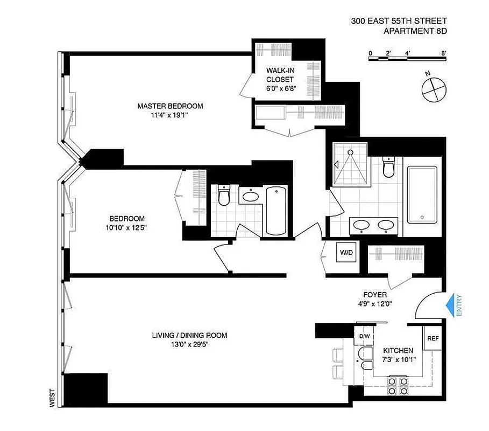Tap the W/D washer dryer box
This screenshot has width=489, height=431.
pos(344,253)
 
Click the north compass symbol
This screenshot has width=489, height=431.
pos(434,89)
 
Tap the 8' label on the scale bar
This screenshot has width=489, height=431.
pos(443,53)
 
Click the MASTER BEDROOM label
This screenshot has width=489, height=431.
pos(170,106)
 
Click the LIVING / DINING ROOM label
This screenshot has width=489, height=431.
pos(189,335)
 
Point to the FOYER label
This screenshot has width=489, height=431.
pos(375,295)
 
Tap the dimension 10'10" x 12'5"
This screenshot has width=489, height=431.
pos(127,227)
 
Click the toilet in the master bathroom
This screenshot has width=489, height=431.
pos(389,168)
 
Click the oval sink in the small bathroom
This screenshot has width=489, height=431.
pos(250,197)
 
